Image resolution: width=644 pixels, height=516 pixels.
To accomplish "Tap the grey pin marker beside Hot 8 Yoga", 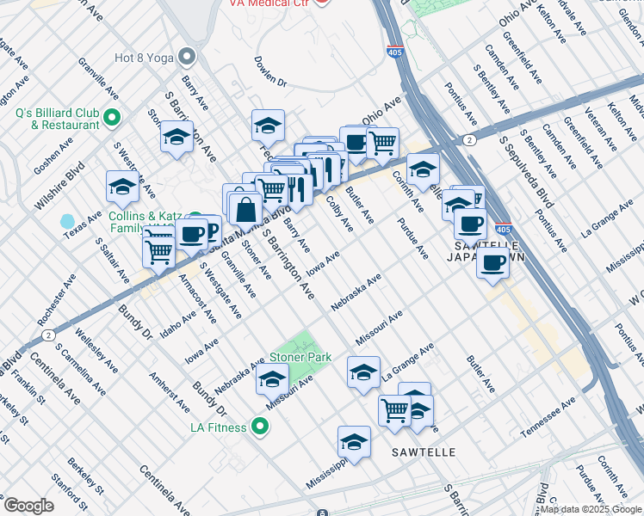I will (x=187, y=58).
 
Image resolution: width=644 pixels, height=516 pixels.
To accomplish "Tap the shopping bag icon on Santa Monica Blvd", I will (x=245, y=208).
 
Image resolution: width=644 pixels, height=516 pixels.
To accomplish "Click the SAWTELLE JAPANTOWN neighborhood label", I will (x=483, y=250).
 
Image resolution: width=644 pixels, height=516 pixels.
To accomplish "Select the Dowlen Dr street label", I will (x=269, y=72).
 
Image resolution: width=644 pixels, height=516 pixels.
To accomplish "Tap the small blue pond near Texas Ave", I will (x=68, y=222).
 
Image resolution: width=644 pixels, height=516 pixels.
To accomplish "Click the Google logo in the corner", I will (x=28, y=505).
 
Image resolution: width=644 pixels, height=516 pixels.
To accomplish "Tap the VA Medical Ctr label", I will (x=268, y=3).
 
